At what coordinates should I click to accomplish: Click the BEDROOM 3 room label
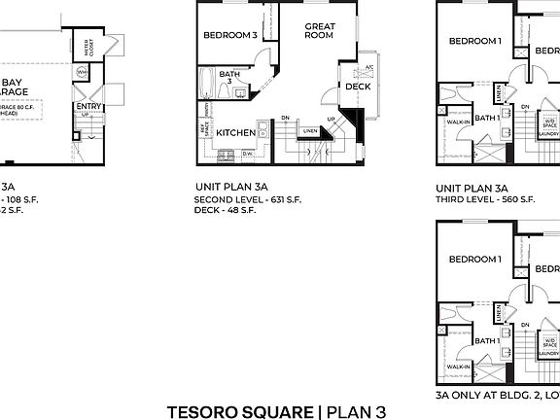[x=230, y=36]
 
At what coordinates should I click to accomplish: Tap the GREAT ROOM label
[x=319, y=30]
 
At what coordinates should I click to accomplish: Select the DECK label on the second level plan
[x=357, y=87]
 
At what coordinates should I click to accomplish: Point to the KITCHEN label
[x=235, y=132]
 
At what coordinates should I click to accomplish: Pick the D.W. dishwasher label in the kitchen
[x=249, y=154]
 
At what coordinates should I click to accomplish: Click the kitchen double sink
[x=226, y=153]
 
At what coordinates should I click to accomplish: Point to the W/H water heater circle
[x=83, y=72]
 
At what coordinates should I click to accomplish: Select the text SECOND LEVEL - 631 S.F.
[x=247, y=199]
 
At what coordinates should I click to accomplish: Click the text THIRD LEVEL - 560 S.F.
[x=485, y=199]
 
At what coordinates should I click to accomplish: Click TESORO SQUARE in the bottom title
[x=241, y=410]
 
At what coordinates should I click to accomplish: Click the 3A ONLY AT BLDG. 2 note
[x=496, y=396]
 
